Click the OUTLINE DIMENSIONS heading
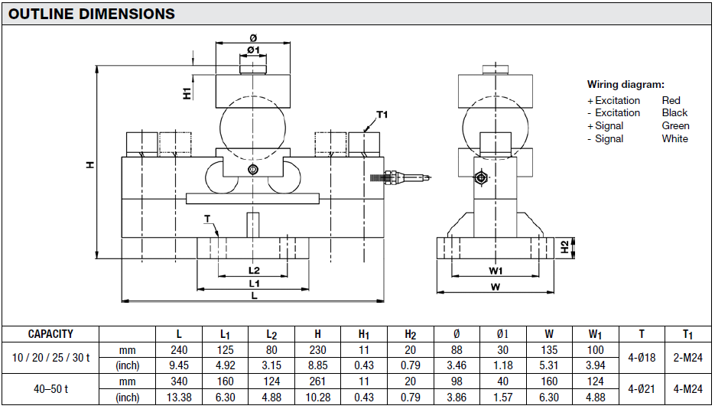(x=92, y=14)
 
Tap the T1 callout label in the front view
(x=382, y=115)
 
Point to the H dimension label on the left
(x=90, y=164)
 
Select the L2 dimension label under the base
(x=254, y=270)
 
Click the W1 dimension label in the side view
(x=496, y=270)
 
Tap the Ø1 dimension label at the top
(x=253, y=50)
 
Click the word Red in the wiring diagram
(x=671, y=100)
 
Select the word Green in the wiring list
(x=675, y=125)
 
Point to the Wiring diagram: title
(x=626, y=85)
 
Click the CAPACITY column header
(x=50, y=334)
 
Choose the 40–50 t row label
(x=50, y=389)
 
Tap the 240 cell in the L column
(x=179, y=350)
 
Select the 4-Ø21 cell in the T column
(x=641, y=389)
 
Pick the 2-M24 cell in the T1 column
(x=687, y=358)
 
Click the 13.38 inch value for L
(x=179, y=397)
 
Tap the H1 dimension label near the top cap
(x=187, y=93)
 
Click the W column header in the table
(x=549, y=334)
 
